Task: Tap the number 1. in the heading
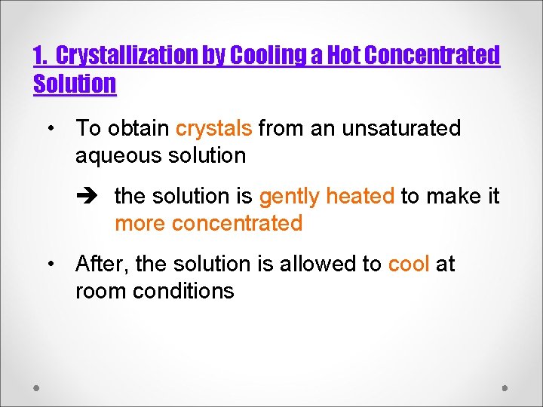point(41,56)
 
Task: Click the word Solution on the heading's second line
point(75,84)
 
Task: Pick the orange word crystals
point(213,128)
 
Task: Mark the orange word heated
point(360,196)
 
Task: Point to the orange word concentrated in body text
point(237,223)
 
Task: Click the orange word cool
point(408,264)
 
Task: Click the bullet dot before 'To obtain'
point(51,129)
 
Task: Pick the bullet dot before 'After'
point(51,265)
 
